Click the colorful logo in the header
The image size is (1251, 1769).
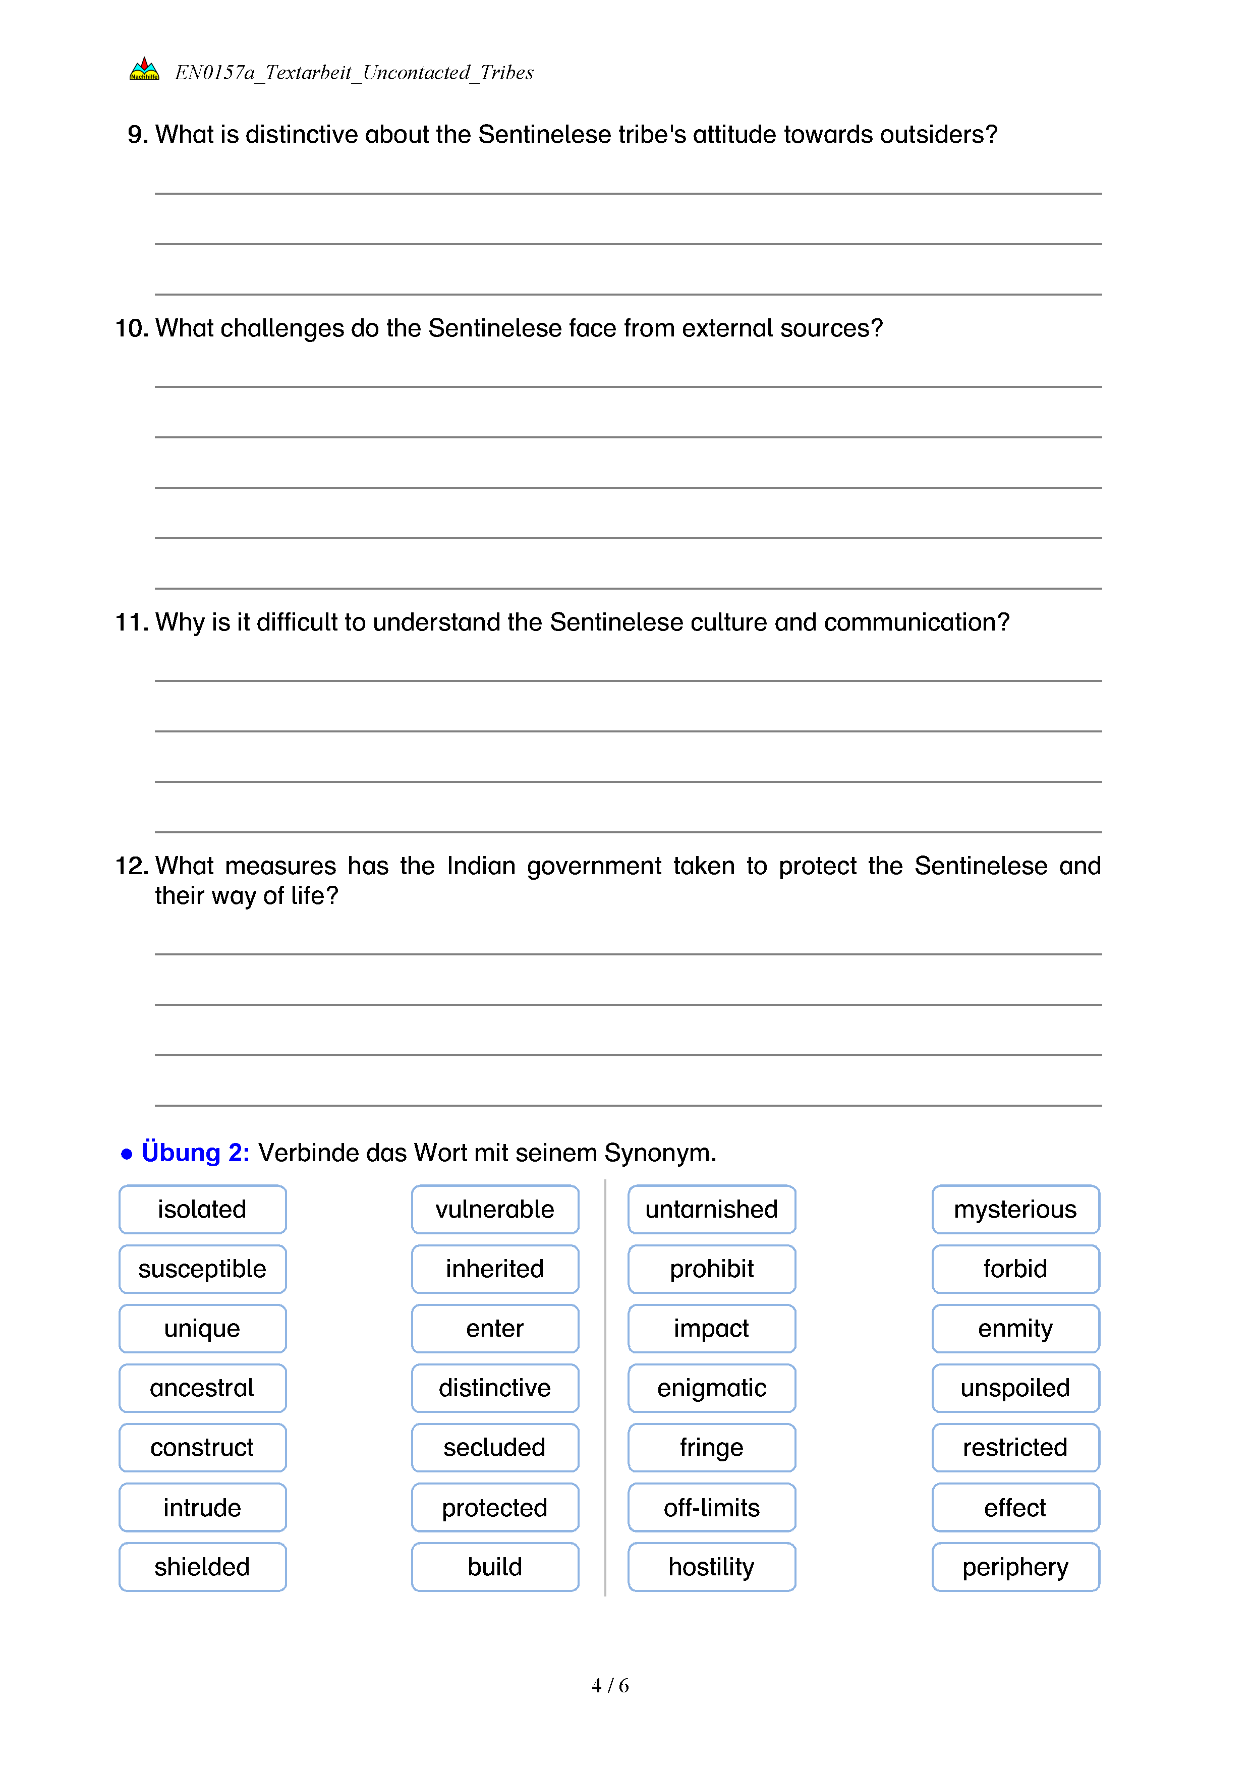pos(144,69)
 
